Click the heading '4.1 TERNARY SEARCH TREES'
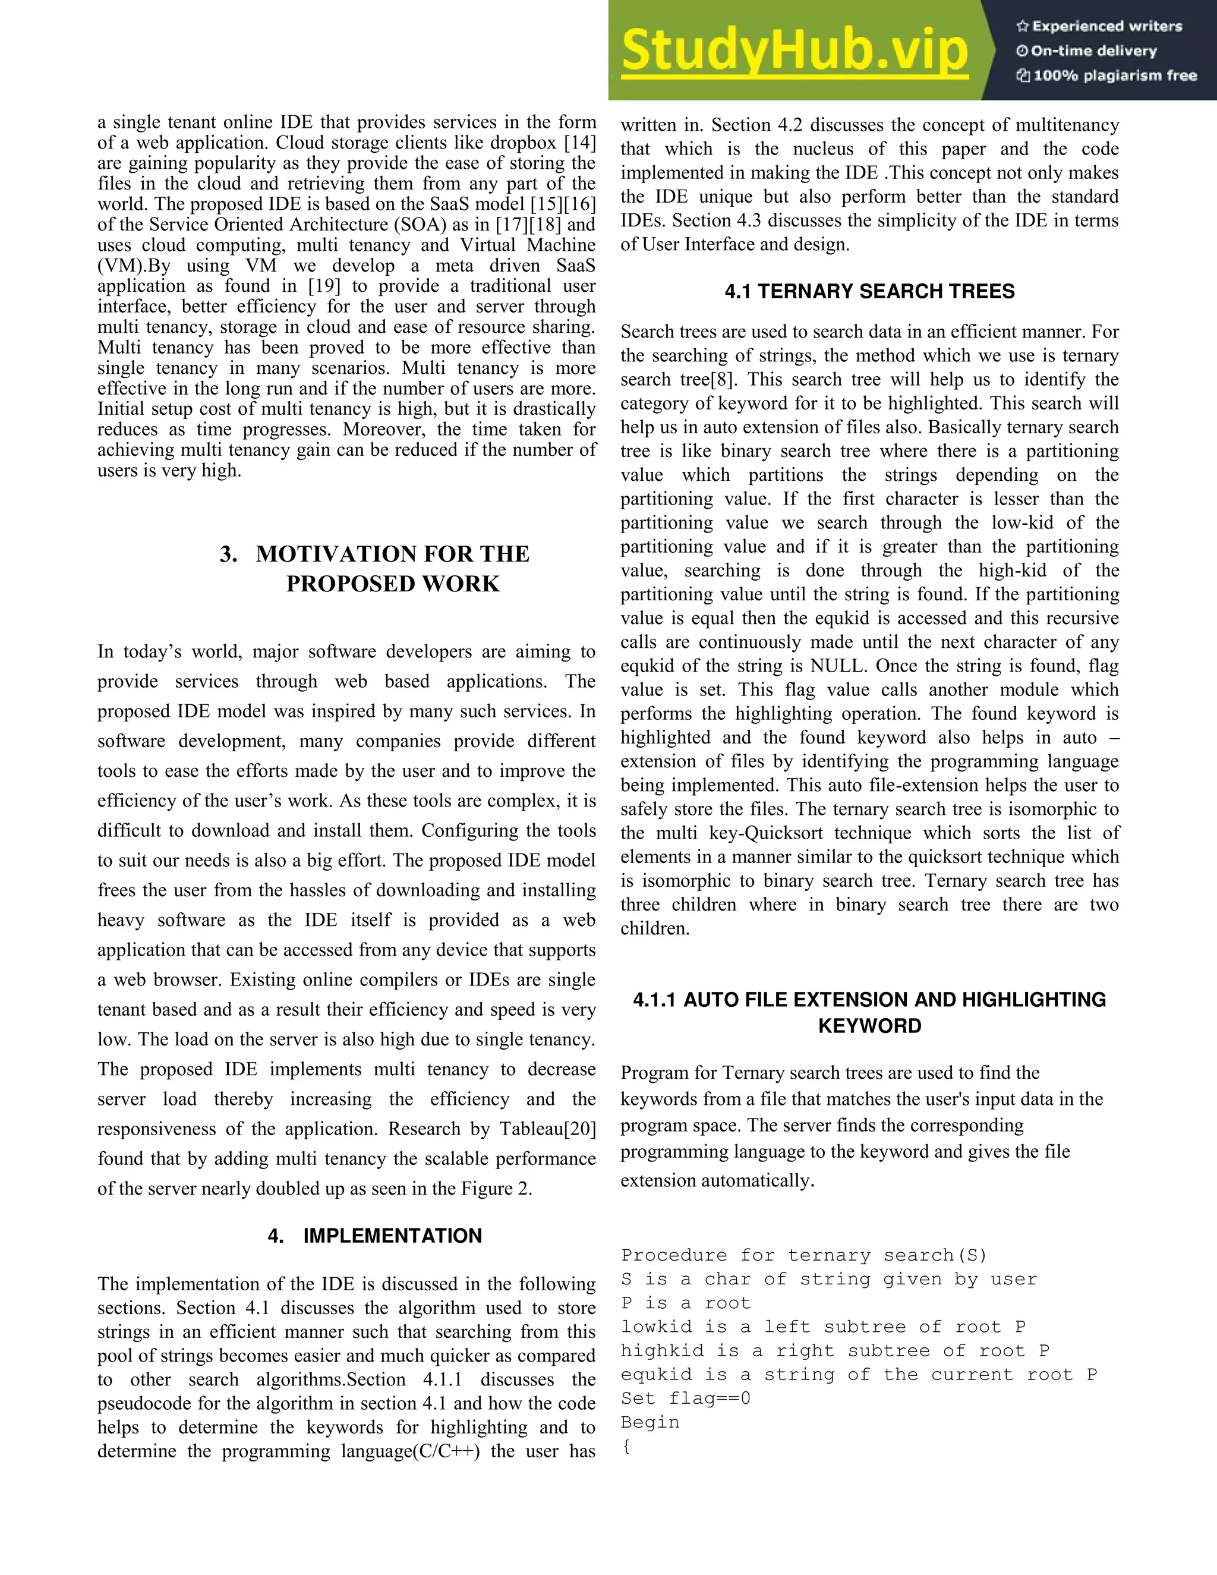(869, 291)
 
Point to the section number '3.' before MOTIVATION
(229, 554)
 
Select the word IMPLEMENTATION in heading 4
(392, 1236)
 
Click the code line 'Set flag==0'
(685, 1398)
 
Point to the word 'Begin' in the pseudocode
(650, 1422)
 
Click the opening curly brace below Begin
(626, 1446)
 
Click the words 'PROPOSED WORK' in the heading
(392, 584)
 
